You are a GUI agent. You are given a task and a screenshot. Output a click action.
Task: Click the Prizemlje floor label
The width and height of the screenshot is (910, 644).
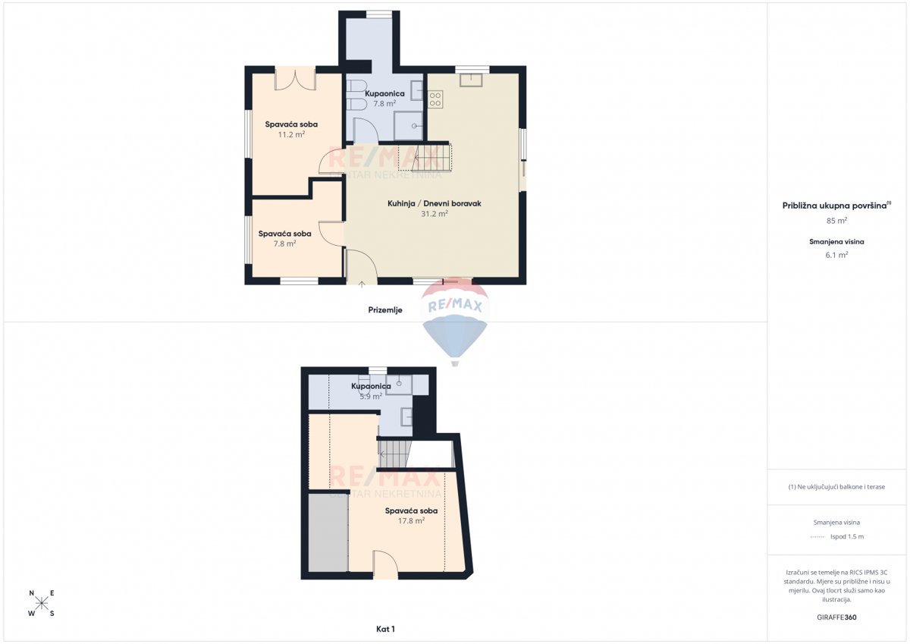(385, 310)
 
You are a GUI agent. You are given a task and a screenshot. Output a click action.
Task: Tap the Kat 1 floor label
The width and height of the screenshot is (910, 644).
(385, 629)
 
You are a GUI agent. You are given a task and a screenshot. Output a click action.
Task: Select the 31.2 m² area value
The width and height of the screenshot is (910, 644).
(435, 213)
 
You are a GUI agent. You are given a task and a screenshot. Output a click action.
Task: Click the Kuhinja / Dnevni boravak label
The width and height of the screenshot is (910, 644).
(435, 203)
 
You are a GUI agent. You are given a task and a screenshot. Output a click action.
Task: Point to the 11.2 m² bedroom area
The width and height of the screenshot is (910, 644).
(291, 134)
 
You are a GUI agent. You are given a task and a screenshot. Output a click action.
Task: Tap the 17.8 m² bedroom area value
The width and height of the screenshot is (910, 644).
(411, 520)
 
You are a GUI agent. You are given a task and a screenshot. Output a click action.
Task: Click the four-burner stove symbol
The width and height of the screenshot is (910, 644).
(435, 99)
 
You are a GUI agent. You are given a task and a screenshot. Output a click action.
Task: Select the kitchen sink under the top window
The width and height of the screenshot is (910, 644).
(471, 80)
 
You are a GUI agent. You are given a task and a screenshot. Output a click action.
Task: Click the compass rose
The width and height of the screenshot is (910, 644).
(42, 603)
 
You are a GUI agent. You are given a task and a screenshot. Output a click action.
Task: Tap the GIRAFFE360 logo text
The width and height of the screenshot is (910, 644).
(836, 617)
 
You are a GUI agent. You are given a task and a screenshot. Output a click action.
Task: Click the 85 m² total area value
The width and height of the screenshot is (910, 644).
(836, 221)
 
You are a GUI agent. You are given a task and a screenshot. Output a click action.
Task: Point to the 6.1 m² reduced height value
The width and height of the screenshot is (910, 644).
(836, 255)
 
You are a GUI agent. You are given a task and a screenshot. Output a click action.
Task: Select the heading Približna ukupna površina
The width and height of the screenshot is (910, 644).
(834, 206)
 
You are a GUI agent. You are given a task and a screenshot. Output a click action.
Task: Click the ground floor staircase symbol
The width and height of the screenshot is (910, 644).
(425, 157)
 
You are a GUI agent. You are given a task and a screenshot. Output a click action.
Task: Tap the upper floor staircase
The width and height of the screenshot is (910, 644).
(395, 454)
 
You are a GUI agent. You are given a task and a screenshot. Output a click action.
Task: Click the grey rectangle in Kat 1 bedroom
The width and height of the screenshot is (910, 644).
(328, 532)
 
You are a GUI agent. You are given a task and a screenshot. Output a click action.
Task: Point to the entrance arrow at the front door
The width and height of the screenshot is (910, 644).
(362, 284)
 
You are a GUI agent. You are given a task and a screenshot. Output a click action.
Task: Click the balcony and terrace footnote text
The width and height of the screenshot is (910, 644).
(836, 487)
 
